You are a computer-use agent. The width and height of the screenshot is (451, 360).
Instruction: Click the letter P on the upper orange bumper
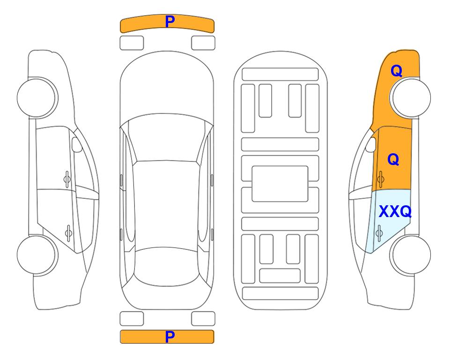pyautogui.click(x=170, y=22)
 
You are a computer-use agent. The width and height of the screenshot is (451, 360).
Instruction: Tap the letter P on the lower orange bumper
pyautogui.click(x=170, y=337)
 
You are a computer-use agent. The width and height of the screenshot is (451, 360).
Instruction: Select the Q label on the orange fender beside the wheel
pyautogui.click(x=396, y=71)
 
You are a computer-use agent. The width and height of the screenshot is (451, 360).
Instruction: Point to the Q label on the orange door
pyautogui.click(x=393, y=159)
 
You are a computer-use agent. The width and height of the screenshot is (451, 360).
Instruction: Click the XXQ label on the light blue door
pyautogui.click(x=395, y=212)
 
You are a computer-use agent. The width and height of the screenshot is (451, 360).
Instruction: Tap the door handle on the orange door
pyautogui.click(x=381, y=179)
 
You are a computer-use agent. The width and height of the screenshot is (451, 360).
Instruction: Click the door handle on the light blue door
pyautogui.click(x=379, y=233)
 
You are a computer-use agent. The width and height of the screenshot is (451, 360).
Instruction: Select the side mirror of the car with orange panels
pyautogui.click(x=371, y=144)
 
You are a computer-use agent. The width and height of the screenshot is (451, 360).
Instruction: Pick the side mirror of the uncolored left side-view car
pyautogui.click(x=77, y=144)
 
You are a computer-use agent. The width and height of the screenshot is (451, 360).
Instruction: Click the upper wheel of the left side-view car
pyautogui.click(x=37, y=97)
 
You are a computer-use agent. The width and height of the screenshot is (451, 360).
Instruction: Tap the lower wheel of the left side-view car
pyautogui.click(x=37, y=255)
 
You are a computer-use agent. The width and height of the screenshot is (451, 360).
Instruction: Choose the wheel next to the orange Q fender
pyautogui.click(x=410, y=97)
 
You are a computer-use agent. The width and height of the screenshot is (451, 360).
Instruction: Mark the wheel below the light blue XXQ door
pyautogui.click(x=410, y=255)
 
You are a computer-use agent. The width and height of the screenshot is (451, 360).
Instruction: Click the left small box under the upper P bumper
pyautogui.click(x=132, y=43)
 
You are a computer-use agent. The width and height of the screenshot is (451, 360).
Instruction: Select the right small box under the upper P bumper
pyautogui.click(x=203, y=43)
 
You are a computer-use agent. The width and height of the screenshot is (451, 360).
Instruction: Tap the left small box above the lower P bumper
pyautogui.click(x=132, y=319)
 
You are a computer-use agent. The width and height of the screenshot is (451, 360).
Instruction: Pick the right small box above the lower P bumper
pyautogui.click(x=203, y=319)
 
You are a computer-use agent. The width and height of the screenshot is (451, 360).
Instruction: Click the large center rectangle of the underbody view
pyautogui.click(x=280, y=184)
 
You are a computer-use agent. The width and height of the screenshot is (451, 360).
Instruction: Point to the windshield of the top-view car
pyautogui.click(x=166, y=138)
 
